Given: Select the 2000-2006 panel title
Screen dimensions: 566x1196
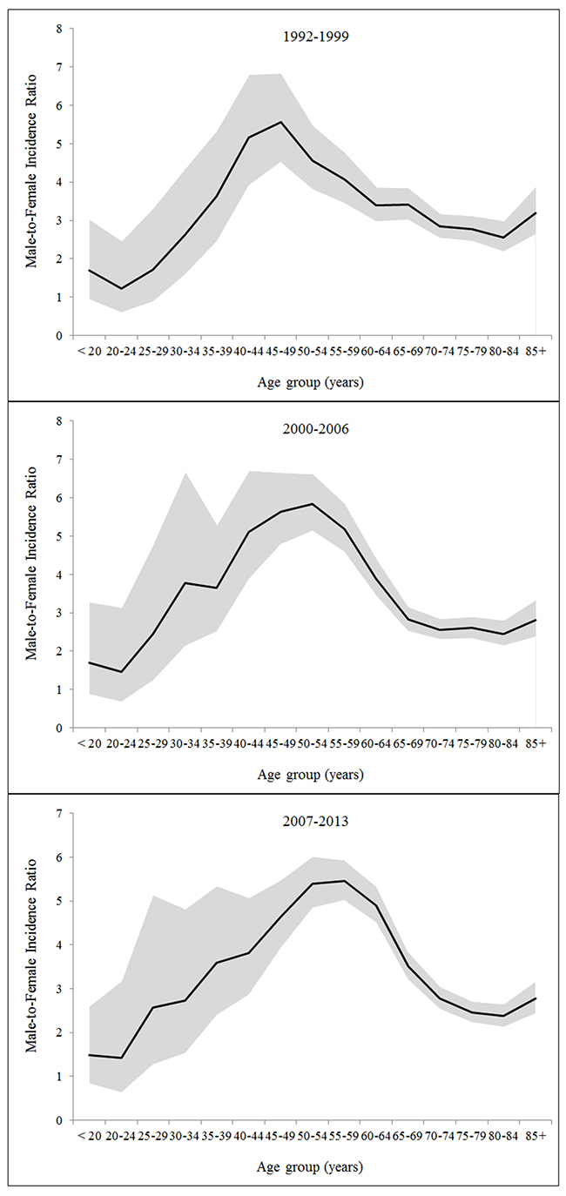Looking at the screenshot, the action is (316, 429).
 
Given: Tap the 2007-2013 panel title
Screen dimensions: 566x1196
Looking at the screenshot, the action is (315, 821).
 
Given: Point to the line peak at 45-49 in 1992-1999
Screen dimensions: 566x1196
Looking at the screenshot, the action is (281, 122).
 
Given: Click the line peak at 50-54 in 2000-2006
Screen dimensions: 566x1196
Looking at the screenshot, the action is (313, 503).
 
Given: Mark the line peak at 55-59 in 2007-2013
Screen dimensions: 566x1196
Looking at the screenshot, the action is (345, 880).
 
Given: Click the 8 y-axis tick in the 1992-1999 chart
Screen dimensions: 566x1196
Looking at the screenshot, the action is (60, 29).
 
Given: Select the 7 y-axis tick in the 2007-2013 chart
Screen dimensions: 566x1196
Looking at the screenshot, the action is (60, 814).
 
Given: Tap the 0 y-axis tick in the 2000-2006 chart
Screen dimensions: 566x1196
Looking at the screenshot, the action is (60, 729).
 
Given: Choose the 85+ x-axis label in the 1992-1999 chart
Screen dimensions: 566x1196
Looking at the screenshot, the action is (536, 353).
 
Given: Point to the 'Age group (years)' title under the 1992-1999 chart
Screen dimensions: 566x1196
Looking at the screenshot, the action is (310, 383).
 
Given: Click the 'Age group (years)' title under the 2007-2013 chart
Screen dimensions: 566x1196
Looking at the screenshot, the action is (310, 1167).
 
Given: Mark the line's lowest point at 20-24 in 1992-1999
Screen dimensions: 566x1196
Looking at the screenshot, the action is (121, 289).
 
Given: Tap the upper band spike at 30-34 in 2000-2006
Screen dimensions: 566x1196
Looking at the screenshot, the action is (185, 473).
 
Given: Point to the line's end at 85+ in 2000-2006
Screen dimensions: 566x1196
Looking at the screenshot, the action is (536, 620).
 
